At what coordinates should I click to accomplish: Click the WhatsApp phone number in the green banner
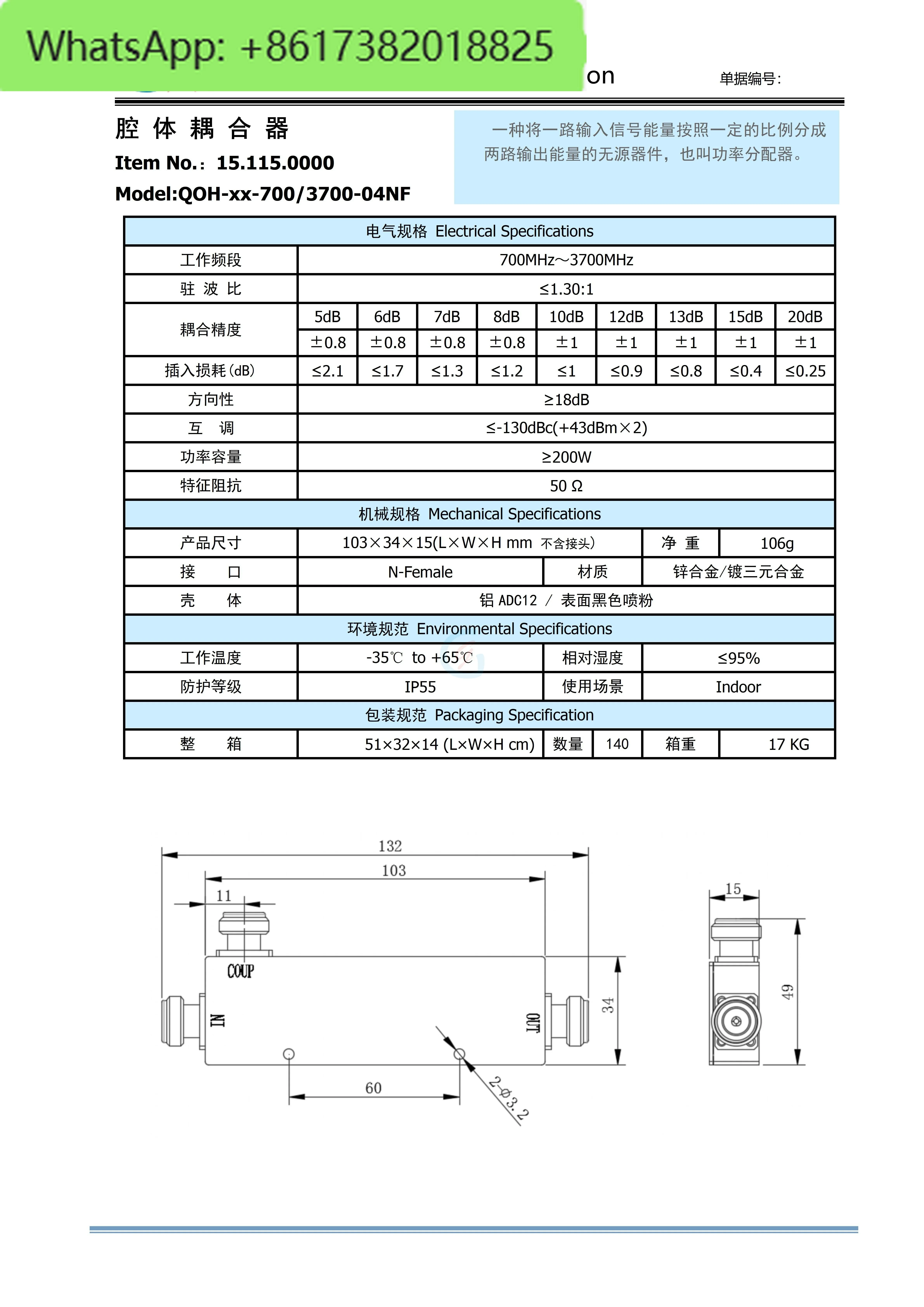[290, 47]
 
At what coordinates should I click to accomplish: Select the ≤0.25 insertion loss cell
[805, 371]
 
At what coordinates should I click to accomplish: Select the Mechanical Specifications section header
[479, 514]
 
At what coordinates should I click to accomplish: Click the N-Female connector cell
[420, 572]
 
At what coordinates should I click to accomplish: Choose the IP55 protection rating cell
[420, 687]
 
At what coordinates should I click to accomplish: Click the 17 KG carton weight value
[789, 745]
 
